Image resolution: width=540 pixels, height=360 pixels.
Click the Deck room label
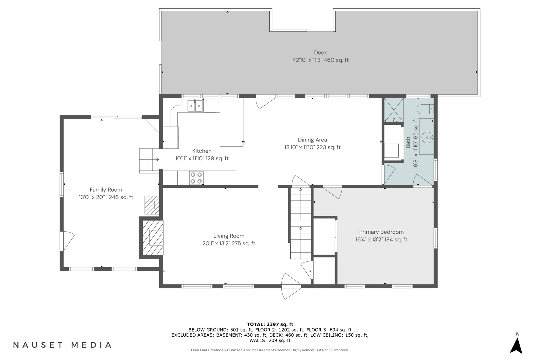[x=320, y=53]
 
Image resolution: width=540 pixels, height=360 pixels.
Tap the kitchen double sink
[x=195, y=106]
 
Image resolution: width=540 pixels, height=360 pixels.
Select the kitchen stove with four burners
[x=196, y=178]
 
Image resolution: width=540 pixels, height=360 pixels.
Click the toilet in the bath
[x=426, y=109]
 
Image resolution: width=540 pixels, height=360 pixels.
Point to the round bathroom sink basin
[x=427, y=138]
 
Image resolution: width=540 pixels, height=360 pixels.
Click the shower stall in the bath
[x=394, y=110]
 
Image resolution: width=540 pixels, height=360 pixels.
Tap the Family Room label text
[x=106, y=190]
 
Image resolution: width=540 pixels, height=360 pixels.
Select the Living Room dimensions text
[x=229, y=244]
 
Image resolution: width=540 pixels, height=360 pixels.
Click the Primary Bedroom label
[x=381, y=232]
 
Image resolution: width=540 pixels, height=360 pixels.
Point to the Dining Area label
[x=312, y=140]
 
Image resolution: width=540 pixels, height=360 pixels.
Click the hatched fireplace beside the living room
[x=153, y=238]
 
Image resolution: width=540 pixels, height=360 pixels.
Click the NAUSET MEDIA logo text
[x=62, y=345]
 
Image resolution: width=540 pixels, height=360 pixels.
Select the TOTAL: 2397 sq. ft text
[x=270, y=324]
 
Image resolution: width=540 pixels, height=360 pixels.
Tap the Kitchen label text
[x=202, y=151]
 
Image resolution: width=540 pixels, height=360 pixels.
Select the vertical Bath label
[x=408, y=143]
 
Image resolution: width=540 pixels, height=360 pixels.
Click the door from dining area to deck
[x=264, y=102]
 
